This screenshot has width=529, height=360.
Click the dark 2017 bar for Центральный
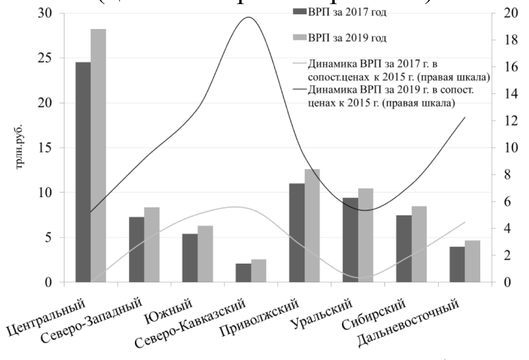(83, 172)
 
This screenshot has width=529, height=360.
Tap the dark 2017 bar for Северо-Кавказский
(243, 273)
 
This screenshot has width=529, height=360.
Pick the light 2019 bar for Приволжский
(312, 226)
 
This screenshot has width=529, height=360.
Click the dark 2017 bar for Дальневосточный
(457, 265)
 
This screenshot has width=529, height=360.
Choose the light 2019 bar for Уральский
(365, 235)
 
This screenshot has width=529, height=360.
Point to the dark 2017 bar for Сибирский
(404, 249)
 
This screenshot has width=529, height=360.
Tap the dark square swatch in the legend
(299, 12)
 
